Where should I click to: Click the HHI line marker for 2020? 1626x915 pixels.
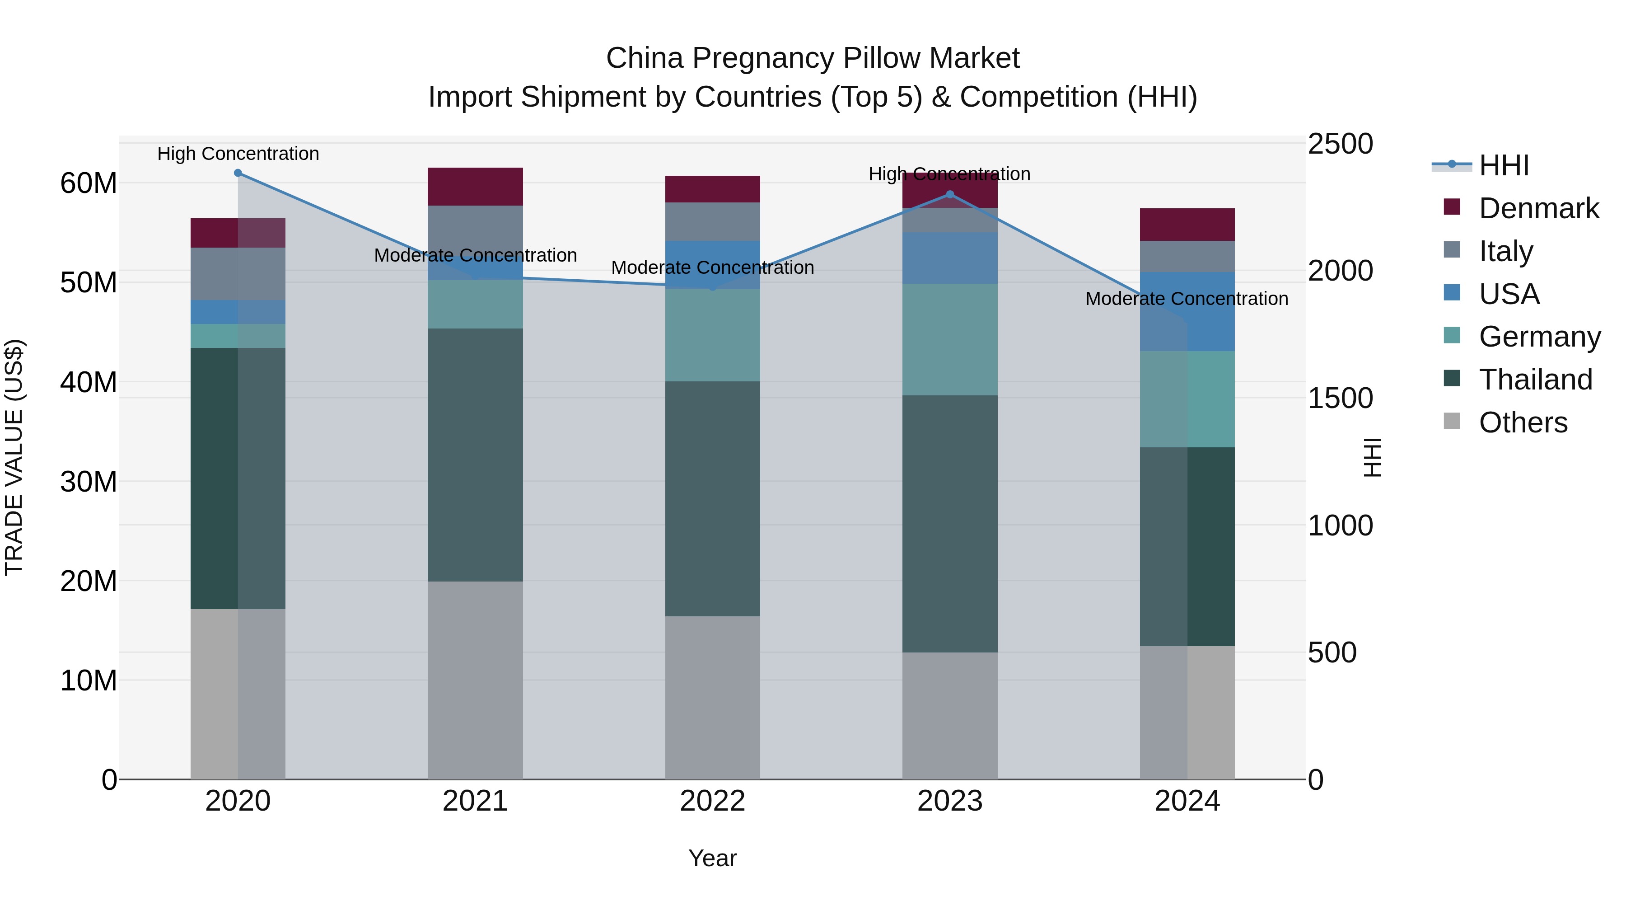coord(238,173)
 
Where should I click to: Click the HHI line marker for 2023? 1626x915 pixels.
coord(950,194)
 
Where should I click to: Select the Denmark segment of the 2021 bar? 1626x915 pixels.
coord(475,186)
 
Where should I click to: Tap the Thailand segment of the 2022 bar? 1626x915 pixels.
coord(713,499)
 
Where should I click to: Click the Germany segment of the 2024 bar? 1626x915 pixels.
coord(1187,399)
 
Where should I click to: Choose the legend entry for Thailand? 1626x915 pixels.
coord(1535,380)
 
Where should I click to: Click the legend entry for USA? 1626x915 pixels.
coord(1509,294)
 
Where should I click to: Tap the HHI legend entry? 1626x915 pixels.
coord(1504,165)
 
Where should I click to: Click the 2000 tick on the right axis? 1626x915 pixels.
coord(1340,271)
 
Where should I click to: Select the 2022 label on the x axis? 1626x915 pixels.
coord(713,801)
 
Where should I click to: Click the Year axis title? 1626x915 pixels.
coord(713,858)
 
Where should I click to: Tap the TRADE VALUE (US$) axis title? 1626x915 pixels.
coord(14,457)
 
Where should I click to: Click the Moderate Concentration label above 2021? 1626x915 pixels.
coord(475,255)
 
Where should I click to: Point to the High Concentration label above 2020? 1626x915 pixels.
coord(238,154)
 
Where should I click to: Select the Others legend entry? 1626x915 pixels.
coord(1523,422)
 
